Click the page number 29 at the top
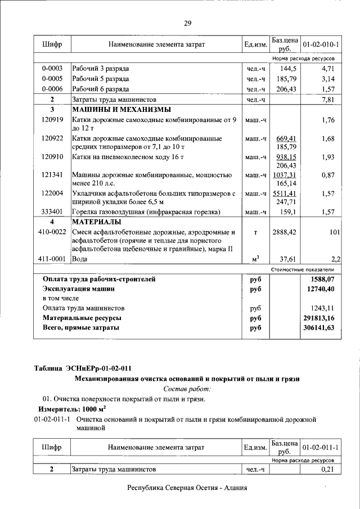coord(187,23)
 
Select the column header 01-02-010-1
coord(320,43)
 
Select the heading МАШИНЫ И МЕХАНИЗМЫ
coord(121,110)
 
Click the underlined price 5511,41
coord(285,193)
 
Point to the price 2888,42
coord(285,232)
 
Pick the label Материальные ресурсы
coord(82,318)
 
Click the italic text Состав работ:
coord(187,389)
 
